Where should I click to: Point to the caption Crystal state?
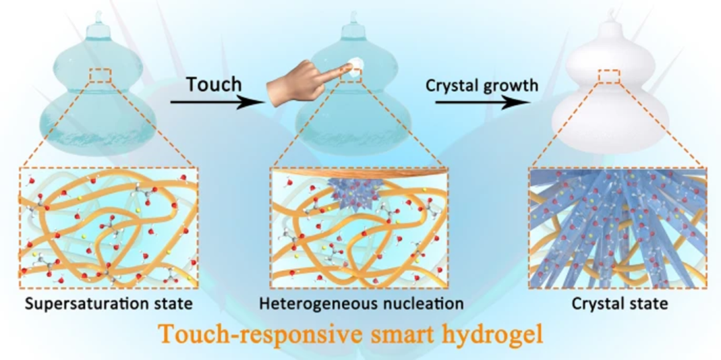point(620,305)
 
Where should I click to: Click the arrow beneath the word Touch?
point(214,102)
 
